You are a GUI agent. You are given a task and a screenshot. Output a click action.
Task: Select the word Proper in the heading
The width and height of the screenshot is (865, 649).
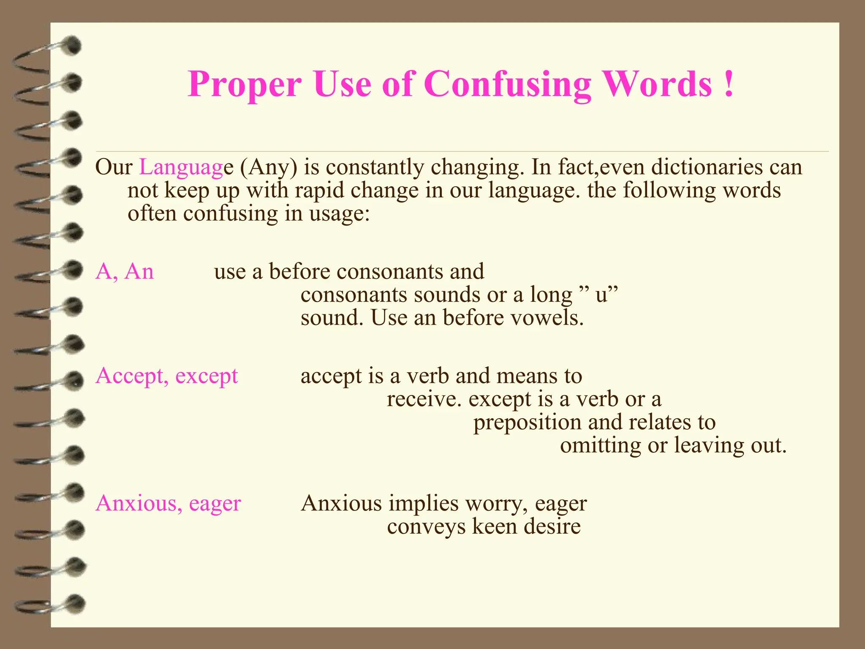pyautogui.click(x=245, y=85)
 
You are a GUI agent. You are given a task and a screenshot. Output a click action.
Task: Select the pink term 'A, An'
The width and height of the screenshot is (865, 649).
pyautogui.click(x=125, y=271)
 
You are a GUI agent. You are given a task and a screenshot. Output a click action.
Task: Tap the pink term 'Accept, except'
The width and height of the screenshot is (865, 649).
pyautogui.click(x=167, y=376)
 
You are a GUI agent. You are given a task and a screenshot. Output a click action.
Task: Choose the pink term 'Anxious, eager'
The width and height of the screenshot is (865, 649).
pyautogui.click(x=168, y=504)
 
